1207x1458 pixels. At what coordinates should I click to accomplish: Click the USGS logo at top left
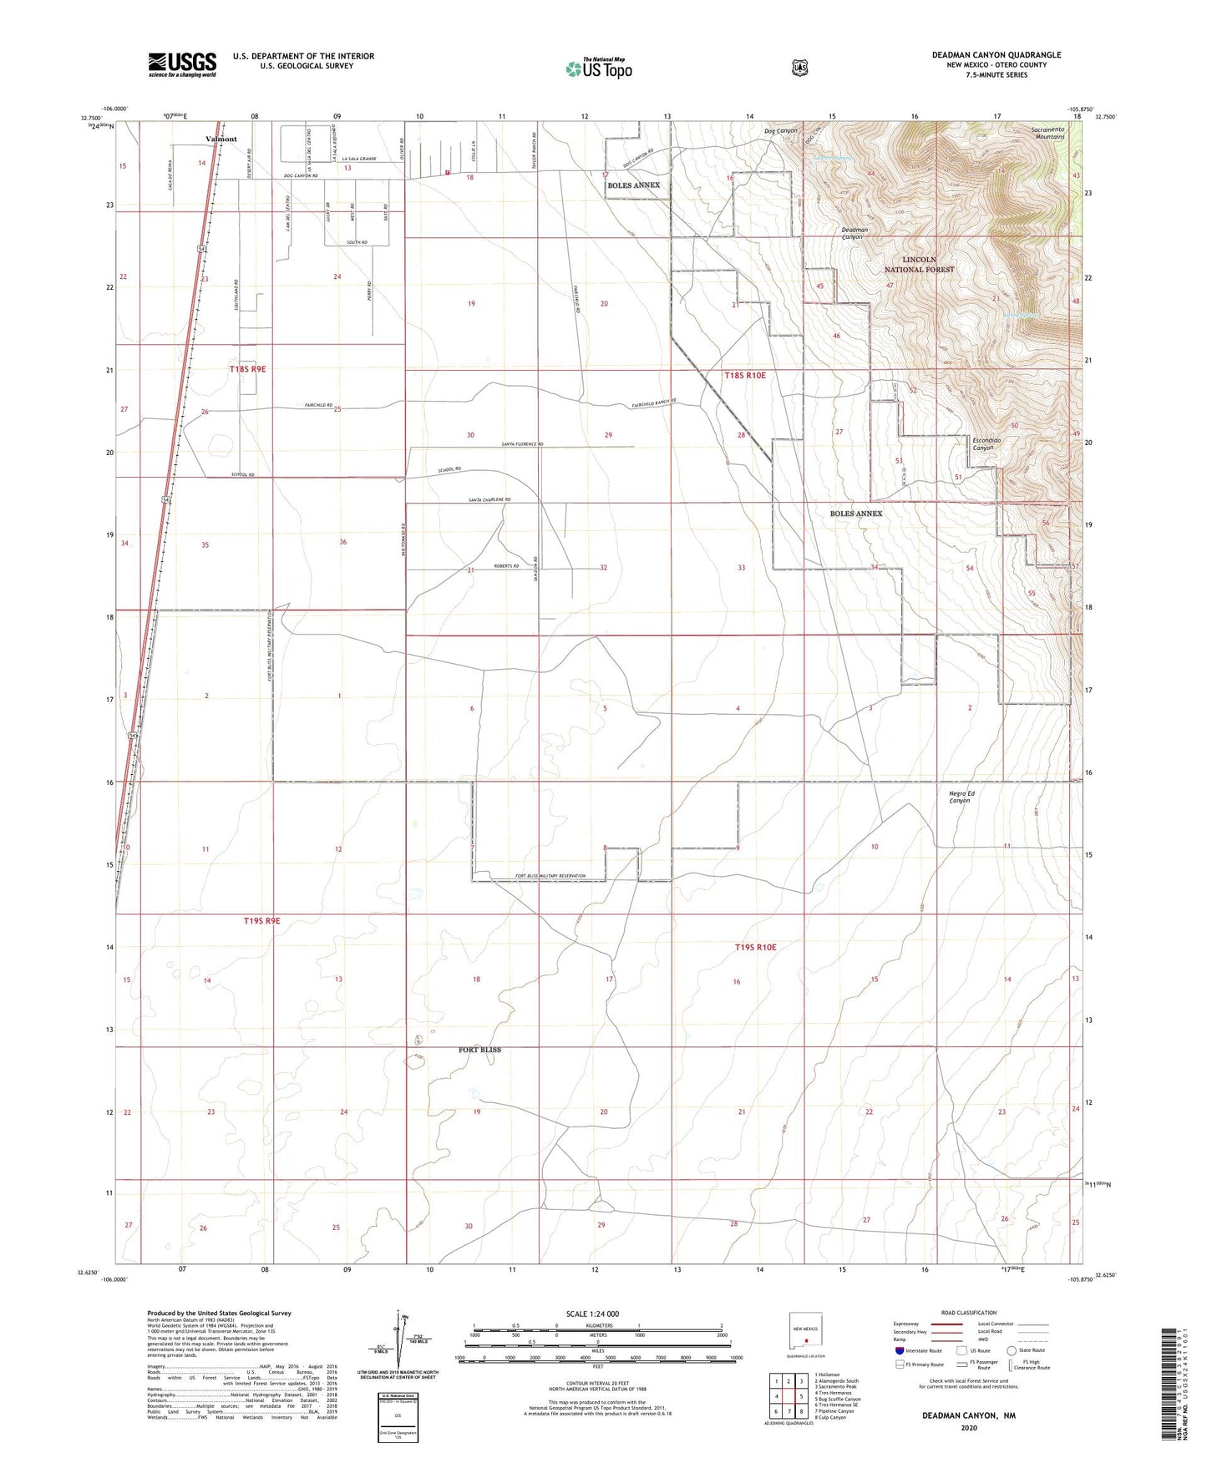click(x=182, y=64)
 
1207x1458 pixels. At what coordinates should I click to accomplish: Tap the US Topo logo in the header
click(x=598, y=68)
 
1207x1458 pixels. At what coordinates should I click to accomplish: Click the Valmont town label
click(x=221, y=139)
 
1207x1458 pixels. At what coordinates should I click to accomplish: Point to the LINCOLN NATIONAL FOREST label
click(x=919, y=265)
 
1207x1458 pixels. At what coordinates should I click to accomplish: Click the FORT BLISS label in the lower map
click(x=479, y=1050)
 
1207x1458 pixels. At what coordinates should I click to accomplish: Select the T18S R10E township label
click(x=745, y=376)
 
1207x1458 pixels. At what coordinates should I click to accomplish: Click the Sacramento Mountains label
click(x=1047, y=133)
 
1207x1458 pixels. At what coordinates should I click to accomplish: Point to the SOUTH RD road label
click(x=358, y=242)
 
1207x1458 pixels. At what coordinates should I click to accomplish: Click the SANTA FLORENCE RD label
click(x=522, y=444)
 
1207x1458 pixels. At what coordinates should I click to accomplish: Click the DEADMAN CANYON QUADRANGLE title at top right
click(x=997, y=55)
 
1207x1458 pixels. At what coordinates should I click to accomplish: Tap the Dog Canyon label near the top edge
click(x=781, y=131)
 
